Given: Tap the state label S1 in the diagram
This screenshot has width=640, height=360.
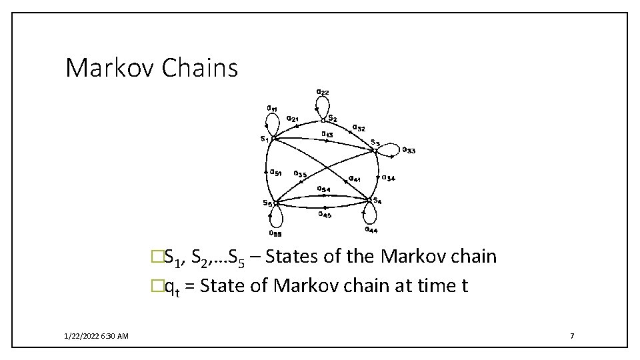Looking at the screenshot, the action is (265, 139).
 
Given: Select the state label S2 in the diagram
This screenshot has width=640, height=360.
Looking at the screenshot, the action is (332, 119).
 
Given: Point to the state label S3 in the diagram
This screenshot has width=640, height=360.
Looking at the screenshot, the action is (375, 142).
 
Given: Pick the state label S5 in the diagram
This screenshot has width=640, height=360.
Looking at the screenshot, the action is (267, 203).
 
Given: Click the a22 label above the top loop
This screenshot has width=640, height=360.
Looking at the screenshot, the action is (322, 91).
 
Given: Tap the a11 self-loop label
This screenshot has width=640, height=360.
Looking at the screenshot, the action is (273, 108).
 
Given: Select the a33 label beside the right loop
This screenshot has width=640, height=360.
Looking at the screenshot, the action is (409, 151).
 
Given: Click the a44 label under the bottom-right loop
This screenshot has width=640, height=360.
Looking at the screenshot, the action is (371, 230).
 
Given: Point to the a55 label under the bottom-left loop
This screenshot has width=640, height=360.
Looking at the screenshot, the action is (275, 233).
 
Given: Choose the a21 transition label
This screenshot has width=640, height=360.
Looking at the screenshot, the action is (292, 119).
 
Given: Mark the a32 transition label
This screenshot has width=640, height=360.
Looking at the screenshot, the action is (358, 127).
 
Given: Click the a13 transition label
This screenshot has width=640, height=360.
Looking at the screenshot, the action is (327, 134).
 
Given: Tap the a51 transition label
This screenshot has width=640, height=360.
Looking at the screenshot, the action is (275, 173).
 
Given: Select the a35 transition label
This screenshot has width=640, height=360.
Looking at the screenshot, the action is (300, 174).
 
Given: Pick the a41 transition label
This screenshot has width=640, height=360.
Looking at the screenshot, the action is (355, 178).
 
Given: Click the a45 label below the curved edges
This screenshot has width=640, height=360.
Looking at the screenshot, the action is (324, 214).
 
